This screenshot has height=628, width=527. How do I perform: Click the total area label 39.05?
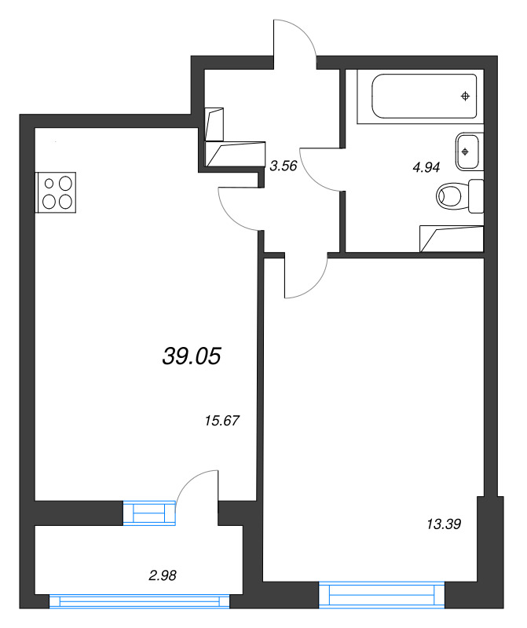[192, 356]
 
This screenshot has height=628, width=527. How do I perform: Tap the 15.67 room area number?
[222, 421]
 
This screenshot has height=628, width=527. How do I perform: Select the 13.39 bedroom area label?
[444, 524]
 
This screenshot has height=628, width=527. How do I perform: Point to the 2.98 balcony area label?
[163, 575]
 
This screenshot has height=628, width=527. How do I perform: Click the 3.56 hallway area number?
[284, 166]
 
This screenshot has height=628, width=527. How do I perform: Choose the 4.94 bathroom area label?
[426, 167]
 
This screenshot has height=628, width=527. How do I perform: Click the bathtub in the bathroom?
[424, 96]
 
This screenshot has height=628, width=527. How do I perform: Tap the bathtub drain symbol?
[465, 96]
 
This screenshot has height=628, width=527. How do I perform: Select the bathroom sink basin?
[467, 152]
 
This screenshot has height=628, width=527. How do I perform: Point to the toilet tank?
[476, 196]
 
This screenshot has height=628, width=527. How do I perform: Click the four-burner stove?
[56, 192]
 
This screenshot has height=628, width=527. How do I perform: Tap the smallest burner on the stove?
[49, 184]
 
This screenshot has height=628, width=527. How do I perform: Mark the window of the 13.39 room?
[382, 595]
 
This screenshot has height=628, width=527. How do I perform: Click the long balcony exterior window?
[140, 601]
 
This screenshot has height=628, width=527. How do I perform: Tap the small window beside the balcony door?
[149, 513]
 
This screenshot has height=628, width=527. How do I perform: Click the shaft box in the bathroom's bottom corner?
[452, 239]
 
